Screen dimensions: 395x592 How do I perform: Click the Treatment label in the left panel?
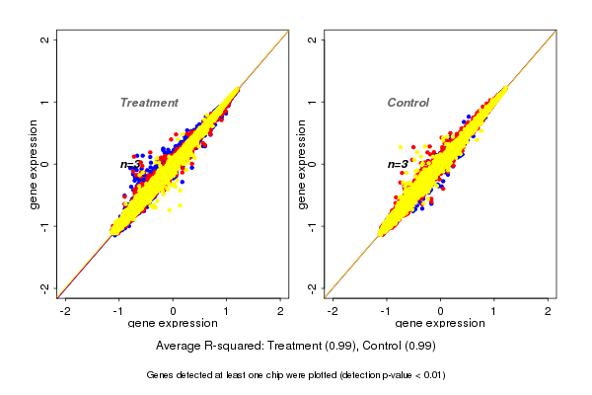(149, 103)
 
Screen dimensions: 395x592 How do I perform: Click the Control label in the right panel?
(407, 103)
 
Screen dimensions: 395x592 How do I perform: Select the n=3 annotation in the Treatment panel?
(131, 164)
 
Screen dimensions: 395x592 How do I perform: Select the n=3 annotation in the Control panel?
(398, 164)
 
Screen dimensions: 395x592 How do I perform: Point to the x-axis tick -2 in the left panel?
(65, 311)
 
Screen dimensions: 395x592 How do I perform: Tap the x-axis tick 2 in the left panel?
(281, 311)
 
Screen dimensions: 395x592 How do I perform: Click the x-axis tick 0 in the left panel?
(174, 311)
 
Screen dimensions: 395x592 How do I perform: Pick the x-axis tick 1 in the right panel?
(494, 311)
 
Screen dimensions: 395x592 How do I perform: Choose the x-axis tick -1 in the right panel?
(386, 311)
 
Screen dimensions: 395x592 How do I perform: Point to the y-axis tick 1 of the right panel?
(313, 102)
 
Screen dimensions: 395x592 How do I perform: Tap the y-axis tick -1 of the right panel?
(313, 225)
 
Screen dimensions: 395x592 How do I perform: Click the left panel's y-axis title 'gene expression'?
(35, 164)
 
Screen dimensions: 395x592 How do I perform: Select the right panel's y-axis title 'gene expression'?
(302, 164)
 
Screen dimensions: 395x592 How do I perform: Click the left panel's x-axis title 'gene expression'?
(174, 323)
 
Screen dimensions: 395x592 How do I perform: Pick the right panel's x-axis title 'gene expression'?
(440, 323)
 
